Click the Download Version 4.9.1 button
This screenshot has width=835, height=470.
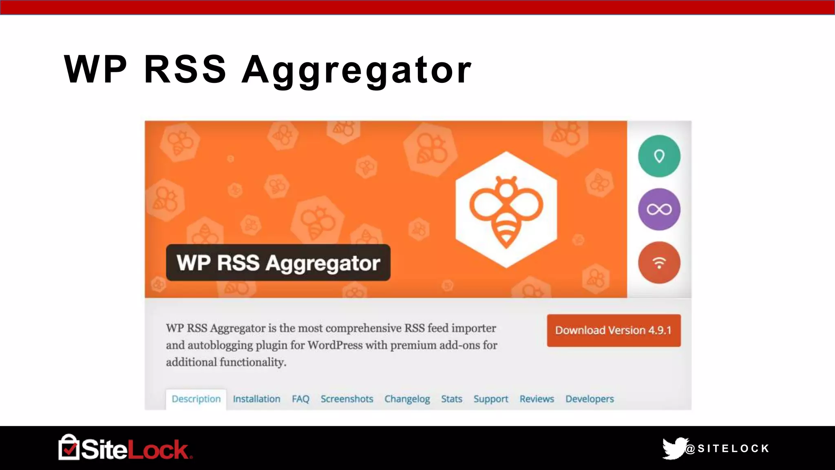coord(613,330)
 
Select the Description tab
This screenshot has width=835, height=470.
coord(196,399)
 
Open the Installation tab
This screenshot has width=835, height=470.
coord(256,399)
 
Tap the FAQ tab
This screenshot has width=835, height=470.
coord(300,399)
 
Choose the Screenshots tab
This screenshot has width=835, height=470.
coord(347,399)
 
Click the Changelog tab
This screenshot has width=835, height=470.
coord(407,399)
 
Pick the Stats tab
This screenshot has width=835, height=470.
coord(451,399)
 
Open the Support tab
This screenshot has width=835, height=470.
coord(490,399)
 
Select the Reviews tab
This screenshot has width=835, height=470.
coord(537,399)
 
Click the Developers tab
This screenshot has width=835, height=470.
coord(589,399)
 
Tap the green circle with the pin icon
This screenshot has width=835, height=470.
coord(659,156)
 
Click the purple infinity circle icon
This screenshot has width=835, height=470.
coord(659,209)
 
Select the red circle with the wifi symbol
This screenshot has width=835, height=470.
coord(659,263)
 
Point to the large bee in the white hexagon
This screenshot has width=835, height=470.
coord(506,210)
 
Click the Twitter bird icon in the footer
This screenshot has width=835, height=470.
coord(674,448)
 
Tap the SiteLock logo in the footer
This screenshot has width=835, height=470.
coord(125,448)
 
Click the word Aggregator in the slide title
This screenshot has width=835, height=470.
coord(356,70)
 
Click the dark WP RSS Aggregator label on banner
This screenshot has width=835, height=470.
coord(278,263)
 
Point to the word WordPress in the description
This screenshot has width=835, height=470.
coord(335,345)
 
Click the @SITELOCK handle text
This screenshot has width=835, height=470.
coord(728,449)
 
